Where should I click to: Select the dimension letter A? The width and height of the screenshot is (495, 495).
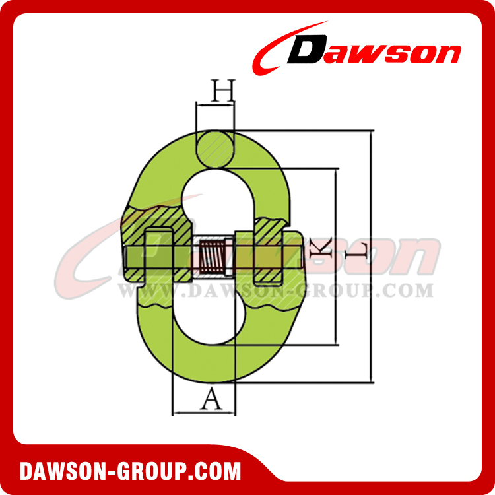[x=209, y=399]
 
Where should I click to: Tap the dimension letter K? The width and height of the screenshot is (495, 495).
[x=318, y=249]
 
